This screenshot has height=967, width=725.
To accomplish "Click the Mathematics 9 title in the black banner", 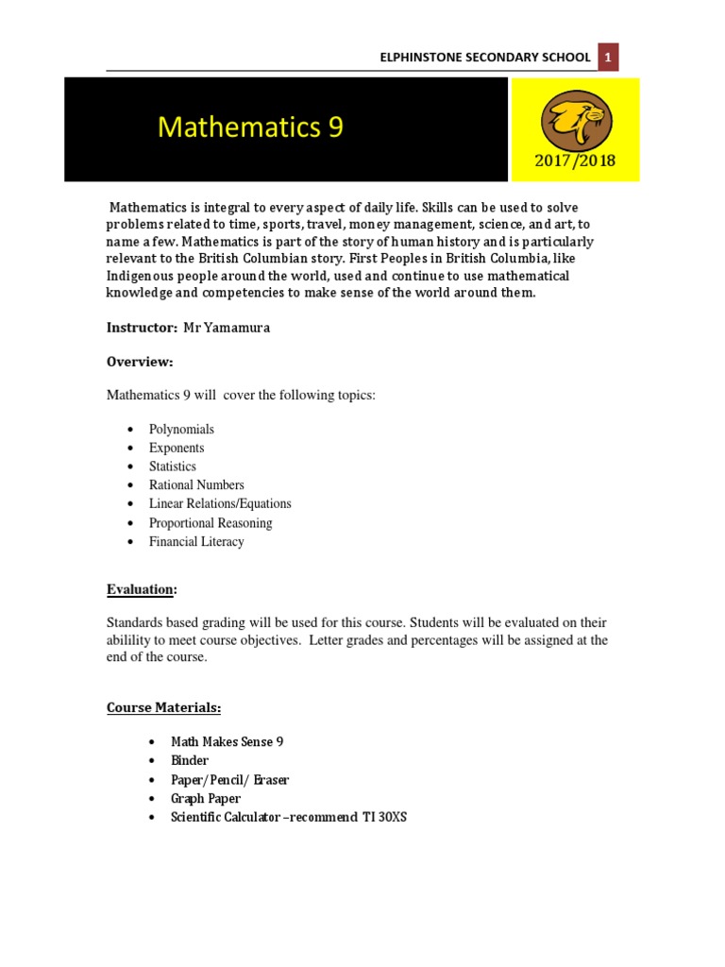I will (250, 127).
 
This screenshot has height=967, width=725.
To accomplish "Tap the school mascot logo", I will (575, 121).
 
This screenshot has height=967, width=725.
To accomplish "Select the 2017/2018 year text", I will (576, 161).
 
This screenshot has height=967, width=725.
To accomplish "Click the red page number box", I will (609, 58).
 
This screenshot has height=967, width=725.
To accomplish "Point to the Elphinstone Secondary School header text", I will (484, 58).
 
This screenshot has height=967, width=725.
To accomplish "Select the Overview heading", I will (140, 362).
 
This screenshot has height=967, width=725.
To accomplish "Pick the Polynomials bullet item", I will (181, 429).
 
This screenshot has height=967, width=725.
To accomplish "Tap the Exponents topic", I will (176, 448).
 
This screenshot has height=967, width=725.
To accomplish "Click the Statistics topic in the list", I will (173, 467).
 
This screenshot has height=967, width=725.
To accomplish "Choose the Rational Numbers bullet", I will (196, 485).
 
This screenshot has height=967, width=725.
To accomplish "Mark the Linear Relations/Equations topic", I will (220, 504).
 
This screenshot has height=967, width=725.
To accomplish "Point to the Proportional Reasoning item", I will (211, 523).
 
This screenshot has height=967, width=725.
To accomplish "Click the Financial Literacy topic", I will (196, 542).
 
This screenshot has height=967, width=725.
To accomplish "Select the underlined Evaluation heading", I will (142, 589).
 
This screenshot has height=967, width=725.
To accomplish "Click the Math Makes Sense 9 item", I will (228, 742).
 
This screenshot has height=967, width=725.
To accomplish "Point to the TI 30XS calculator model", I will (384, 817).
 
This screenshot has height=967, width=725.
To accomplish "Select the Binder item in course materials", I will (190, 760).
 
